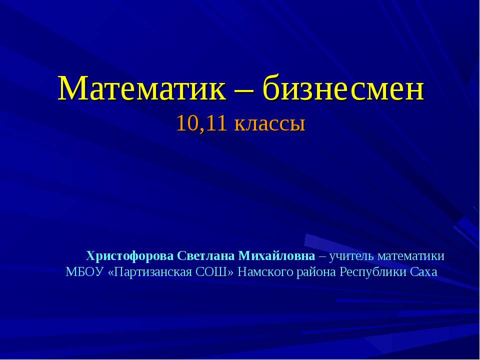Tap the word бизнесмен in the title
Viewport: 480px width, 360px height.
pos(343,89)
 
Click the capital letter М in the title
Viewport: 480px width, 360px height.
pos(70,89)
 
